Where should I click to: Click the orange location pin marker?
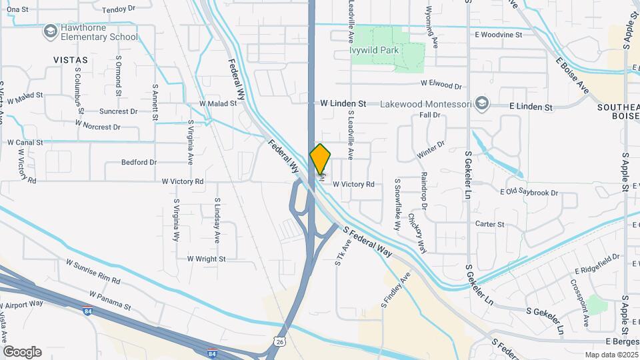coord(321,159)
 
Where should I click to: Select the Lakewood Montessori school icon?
coord(482,104)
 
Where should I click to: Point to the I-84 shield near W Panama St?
coord(87,311)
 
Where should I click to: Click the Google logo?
coord(22,351)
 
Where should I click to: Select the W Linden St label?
coord(343,104)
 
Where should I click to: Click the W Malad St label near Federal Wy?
coord(218,103)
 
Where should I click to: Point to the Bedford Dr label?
coord(139,162)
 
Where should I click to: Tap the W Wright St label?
coord(206,259)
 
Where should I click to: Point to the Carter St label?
coord(489,225)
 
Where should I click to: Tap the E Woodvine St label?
coord(498,34)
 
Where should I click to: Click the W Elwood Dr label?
coord(441,85)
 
